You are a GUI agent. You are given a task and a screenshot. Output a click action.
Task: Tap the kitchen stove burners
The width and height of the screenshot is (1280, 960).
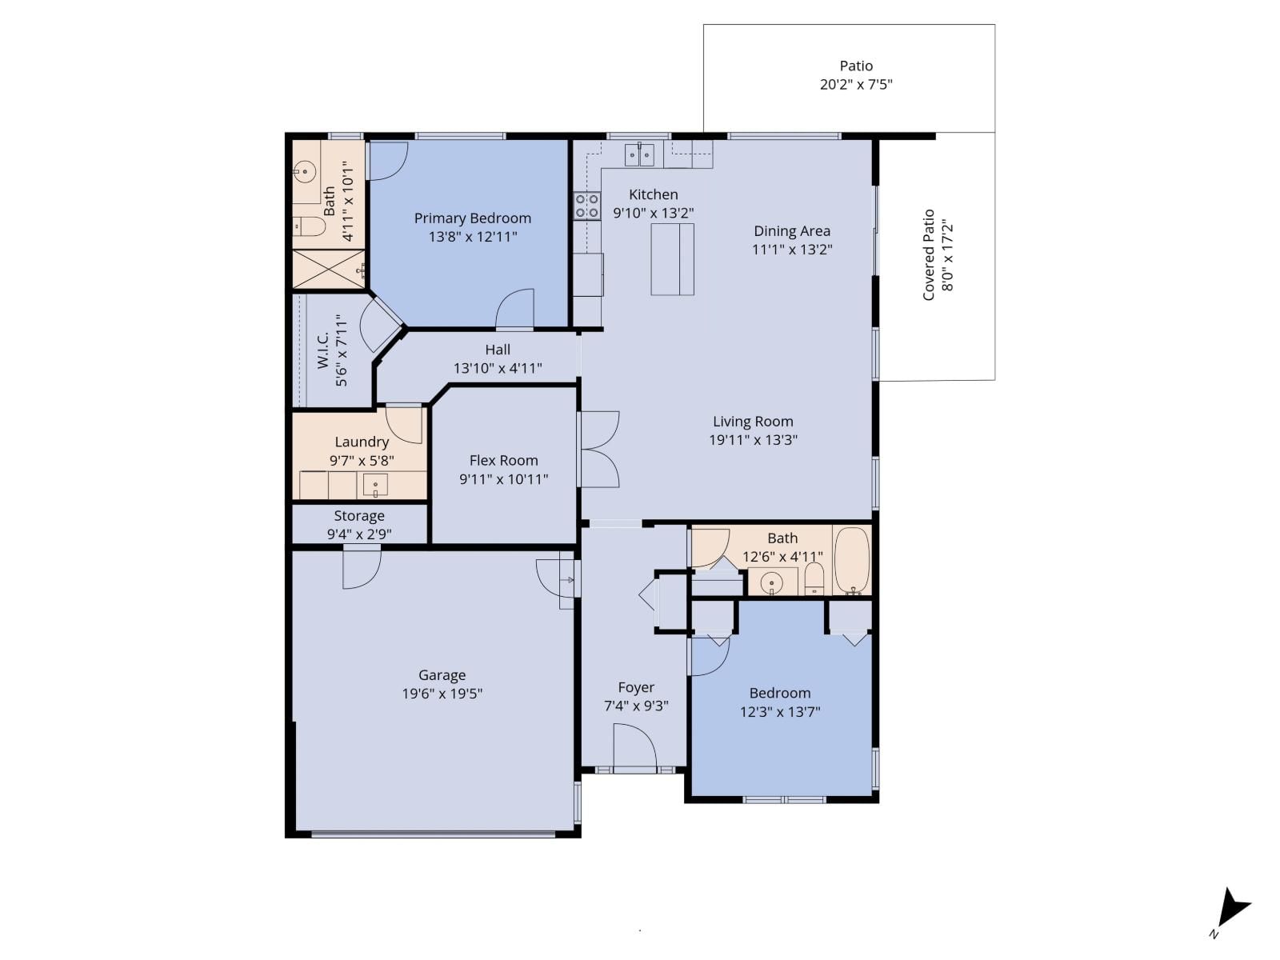tap(587, 206)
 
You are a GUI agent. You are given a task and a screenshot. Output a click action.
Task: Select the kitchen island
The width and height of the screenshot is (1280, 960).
tap(672, 259)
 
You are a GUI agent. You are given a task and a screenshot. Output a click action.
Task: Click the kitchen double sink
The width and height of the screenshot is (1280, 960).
tap(639, 154)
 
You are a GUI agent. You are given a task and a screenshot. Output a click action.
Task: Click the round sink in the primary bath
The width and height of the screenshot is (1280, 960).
tap(303, 170)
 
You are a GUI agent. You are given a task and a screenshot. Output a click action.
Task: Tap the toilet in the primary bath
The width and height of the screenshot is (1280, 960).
tap(307, 227)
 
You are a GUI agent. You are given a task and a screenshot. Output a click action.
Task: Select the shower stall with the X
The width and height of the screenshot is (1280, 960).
tap(328, 269)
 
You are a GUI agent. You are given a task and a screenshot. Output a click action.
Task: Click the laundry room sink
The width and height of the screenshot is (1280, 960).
tap(375, 485)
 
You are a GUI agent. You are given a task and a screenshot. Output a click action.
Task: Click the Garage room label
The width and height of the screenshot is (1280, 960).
tap(442, 675)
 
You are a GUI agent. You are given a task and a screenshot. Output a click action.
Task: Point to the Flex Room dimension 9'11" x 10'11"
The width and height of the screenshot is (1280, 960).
tap(503, 479)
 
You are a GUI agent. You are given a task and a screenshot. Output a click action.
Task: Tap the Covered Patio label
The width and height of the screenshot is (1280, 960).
tap(929, 254)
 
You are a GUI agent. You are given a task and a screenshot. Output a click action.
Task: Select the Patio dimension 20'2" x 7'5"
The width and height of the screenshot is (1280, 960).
tap(856, 84)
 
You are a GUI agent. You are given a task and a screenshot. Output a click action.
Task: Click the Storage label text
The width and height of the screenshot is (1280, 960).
tap(359, 516)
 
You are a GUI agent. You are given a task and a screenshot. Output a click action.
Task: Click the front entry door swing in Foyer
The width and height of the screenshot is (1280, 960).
tap(634, 747)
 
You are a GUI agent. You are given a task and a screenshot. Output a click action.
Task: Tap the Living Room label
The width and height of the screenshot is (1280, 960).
tap(753, 422)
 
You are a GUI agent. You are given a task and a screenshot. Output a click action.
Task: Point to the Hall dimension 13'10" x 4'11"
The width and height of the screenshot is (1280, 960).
tap(498, 369)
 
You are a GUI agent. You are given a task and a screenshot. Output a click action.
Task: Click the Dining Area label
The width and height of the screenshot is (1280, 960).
tap(792, 231)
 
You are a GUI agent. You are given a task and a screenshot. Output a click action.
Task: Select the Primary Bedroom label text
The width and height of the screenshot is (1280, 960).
tap(472, 218)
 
